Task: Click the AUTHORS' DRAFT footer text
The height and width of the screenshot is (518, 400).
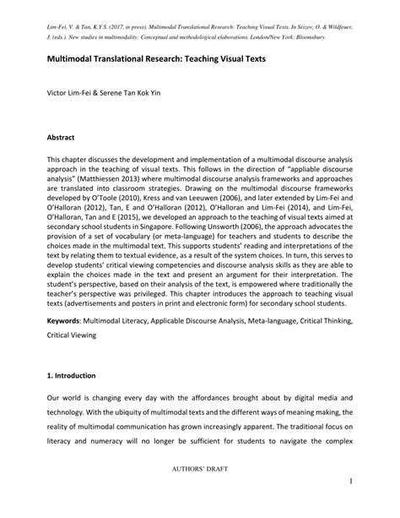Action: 199,488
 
